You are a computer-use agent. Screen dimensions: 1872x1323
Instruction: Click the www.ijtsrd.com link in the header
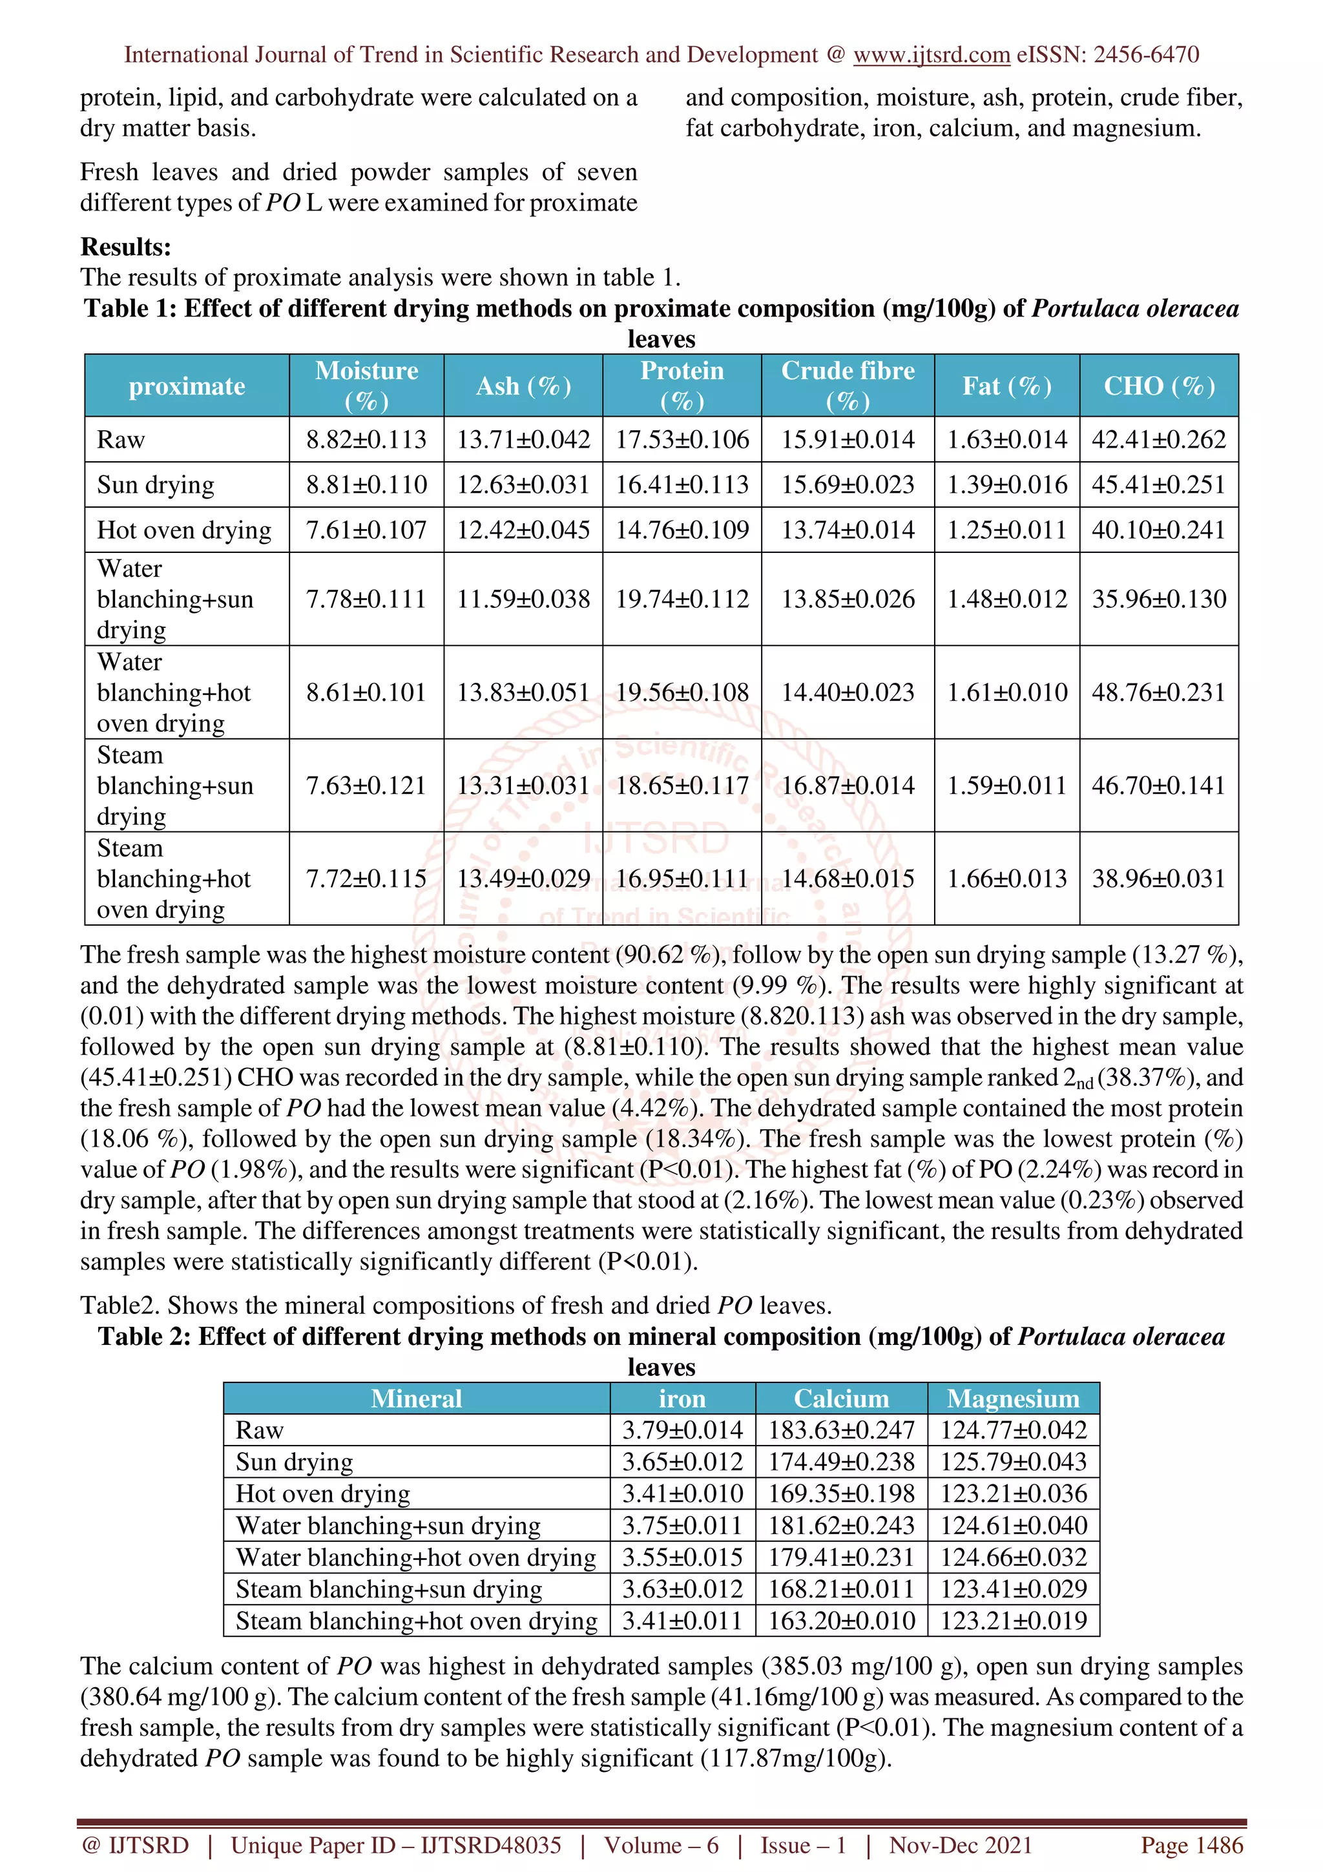[931, 55]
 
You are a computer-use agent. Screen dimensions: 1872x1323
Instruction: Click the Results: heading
[125, 247]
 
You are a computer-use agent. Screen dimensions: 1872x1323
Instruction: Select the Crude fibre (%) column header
[847, 386]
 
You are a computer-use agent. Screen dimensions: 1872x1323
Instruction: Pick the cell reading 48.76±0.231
[1158, 693]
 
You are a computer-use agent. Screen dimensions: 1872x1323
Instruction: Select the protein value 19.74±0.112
[682, 599]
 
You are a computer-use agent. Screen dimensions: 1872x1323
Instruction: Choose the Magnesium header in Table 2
[1012, 1399]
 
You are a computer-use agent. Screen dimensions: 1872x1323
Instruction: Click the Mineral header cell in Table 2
[416, 1399]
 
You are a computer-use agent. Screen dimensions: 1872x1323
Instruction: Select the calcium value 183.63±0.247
[840, 1430]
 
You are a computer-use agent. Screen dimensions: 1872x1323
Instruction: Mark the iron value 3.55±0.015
[682, 1558]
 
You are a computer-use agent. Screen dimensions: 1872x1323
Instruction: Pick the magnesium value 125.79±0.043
[1012, 1462]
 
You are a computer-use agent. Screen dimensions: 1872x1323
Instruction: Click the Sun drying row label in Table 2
[295, 1462]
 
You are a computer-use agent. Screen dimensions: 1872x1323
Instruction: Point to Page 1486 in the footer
[1191, 1845]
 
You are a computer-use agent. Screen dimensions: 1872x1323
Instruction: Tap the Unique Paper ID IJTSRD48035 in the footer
[395, 1845]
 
